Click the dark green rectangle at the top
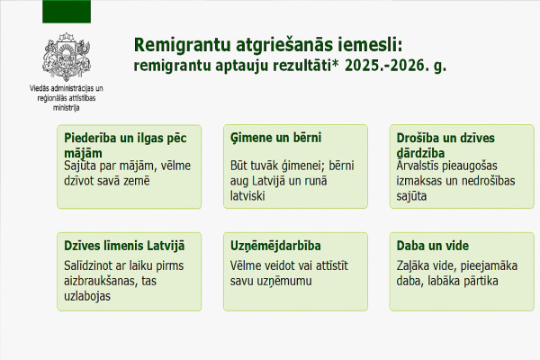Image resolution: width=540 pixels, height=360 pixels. point(67,12)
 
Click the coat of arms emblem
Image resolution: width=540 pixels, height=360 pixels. point(67,57)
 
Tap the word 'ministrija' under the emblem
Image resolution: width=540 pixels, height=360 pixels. point(66,108)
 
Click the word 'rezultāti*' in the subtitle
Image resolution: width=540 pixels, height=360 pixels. point(307,66)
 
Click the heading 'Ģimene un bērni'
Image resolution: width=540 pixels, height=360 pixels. point(276,138)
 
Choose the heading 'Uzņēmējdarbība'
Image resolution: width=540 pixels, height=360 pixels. point(275,246)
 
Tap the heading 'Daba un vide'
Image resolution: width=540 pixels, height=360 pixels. point(433,246)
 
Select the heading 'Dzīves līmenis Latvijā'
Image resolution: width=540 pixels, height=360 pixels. point(124,246)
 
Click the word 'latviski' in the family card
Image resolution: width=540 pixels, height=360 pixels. point(247,196)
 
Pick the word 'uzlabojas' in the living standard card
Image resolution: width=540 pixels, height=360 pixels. point(87,296)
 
